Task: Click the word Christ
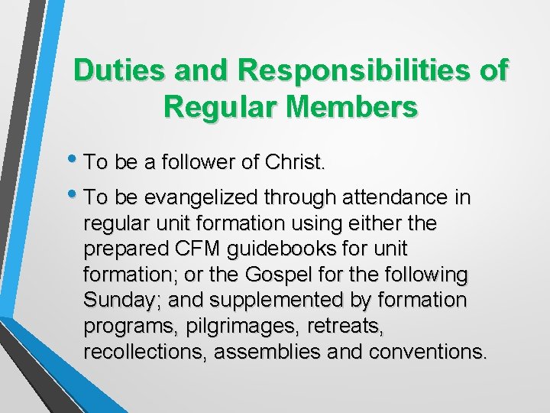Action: (x=295, y=162)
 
